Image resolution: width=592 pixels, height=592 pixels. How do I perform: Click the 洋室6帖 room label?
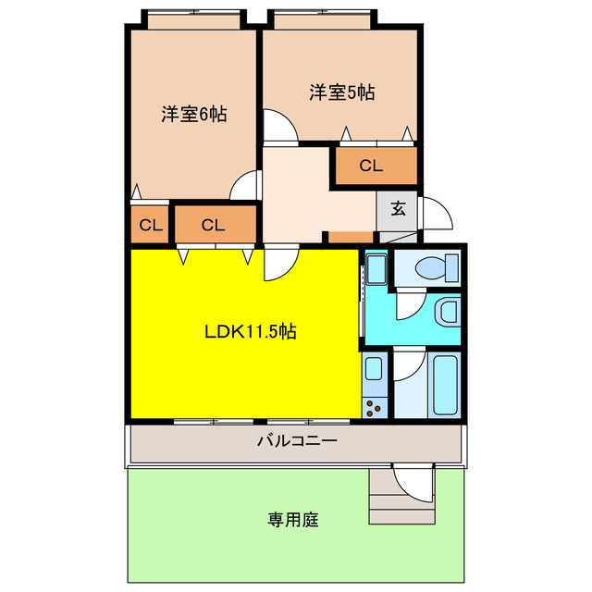click(194, 115)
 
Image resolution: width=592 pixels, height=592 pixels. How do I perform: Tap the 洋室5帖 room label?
click(341, 92)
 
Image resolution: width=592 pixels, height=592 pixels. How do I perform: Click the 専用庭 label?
click(294, 520)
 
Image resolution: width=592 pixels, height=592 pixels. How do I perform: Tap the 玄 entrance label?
click(398, 208)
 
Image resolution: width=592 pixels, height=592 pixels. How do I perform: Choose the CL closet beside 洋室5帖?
click(371, 166)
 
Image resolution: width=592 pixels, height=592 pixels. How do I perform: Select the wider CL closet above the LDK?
click(213, 224)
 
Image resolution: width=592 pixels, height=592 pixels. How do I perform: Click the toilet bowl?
click(431, 269)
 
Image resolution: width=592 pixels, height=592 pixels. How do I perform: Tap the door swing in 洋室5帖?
click(278, 126)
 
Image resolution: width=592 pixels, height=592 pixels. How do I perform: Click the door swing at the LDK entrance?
click(277, 264)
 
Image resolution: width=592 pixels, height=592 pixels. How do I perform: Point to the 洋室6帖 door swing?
click(244, 186)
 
